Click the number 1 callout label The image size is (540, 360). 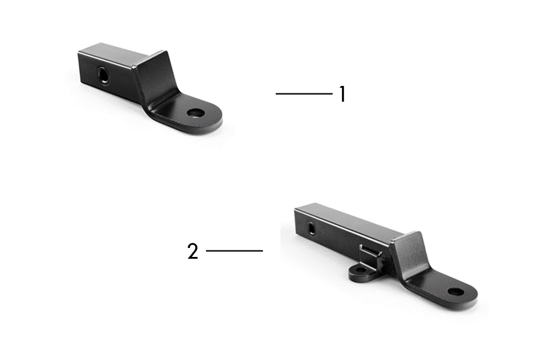click(x=342, y=94)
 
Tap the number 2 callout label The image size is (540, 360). click(x=193, y=251)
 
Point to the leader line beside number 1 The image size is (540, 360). click(x=304, y=94)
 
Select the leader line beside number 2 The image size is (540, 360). click(x=234, y=251)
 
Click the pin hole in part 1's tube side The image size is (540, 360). click(x=103, y=76)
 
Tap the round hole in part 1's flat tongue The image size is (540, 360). click(x=195, y=113)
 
